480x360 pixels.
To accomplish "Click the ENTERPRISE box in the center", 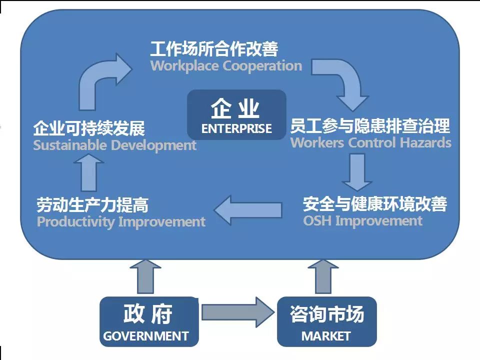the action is click(x=236, y=114).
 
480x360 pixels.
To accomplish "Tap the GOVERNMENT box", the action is click(x=149, y=321).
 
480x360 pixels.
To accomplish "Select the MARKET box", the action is click(x=326, y=321).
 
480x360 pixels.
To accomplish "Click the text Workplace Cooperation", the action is click(x=226, y=66).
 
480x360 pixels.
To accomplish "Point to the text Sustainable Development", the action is click(x=114, y=145).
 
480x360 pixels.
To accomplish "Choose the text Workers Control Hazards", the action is click(x=370, y=142).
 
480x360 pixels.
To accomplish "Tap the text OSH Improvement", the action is click(x=362, y=220).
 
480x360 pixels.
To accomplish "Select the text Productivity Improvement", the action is click(x=121, y=221).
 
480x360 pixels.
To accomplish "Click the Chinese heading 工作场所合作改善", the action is click(x=214, y=49).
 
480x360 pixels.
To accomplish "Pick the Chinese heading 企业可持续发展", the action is click(x=89, y=128).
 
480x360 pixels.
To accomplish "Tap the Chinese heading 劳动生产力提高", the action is click(x=92, y=205).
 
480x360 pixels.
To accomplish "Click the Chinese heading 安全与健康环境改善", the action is click(x=374, y=204).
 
